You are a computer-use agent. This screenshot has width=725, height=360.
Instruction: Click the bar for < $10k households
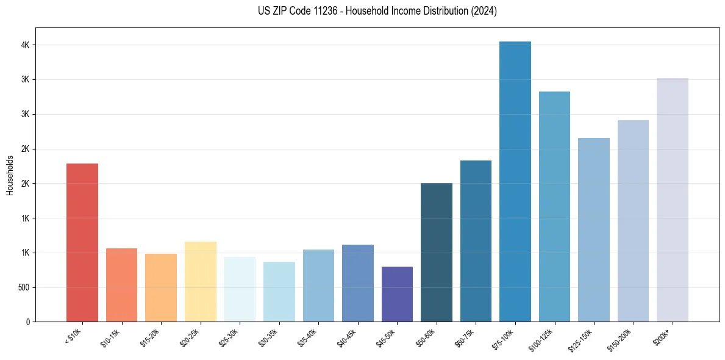pyautogui.click(x=82, y=242)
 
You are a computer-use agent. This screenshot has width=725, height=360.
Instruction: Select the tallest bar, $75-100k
pyautogui.click(x=515, y=181)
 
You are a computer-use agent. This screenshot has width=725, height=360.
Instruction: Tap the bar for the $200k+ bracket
pyautogui.click(x=673, y=200)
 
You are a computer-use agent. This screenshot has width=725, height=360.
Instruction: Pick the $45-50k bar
pyautogui.click(x=397, y=294)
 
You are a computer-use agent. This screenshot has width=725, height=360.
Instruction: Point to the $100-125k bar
pyautogui.click(x=554, y=206)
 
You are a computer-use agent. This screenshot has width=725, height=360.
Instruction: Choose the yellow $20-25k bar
pyautogui.click(x=200, y=281)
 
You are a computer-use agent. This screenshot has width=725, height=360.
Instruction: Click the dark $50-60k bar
pyautogui.click(x=437, y=252)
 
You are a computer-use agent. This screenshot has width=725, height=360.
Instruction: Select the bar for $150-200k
pyautogui.click(x=633, y=221)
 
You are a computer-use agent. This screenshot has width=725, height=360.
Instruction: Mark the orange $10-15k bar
pyautogui.click(x=121, y=285)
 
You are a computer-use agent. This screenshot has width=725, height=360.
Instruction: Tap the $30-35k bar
pyautogui.click(x=279, y=292)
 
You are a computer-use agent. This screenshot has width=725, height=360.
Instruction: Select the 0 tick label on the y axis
pyautogui.click(x=27, y=322)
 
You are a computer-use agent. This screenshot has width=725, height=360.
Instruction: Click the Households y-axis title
pyautogui.click(x=10, y=175)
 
